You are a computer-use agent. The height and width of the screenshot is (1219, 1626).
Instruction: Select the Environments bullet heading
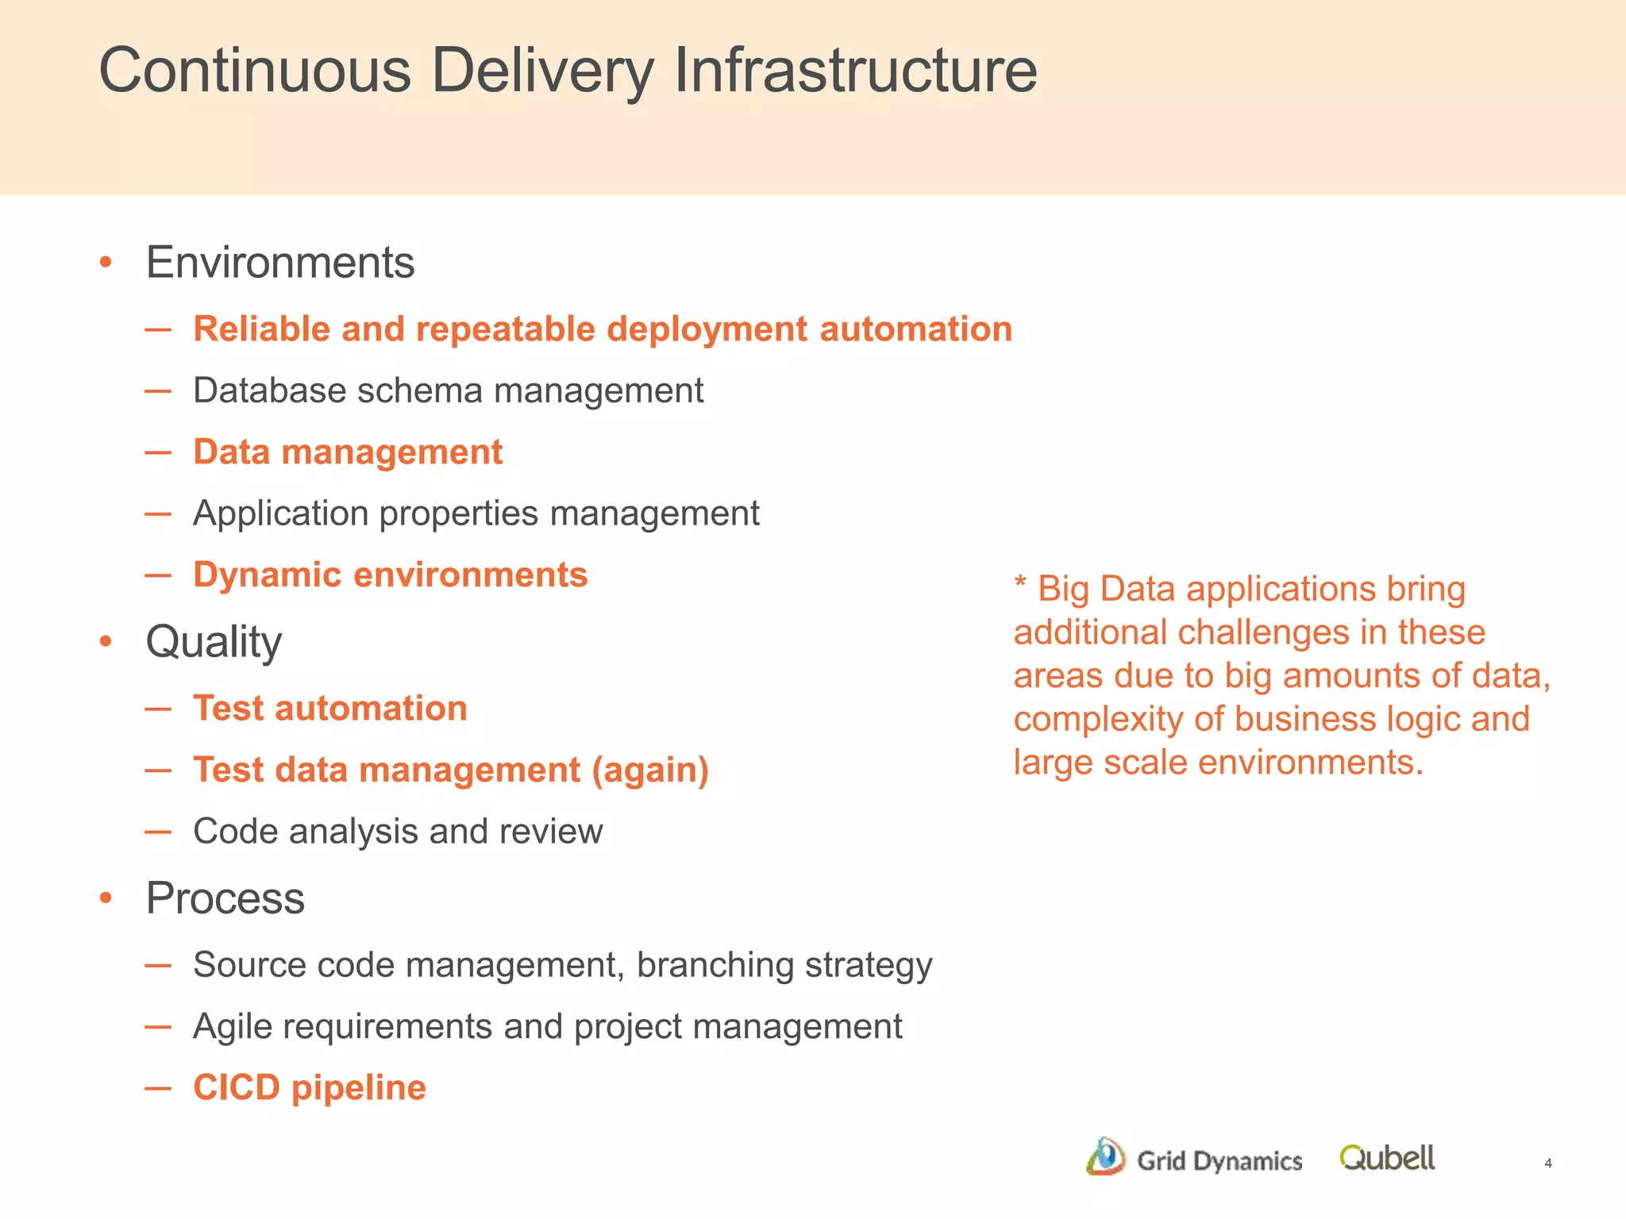click(x=279, y=262)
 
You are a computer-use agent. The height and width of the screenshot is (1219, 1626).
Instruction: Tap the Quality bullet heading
click(x=214, y=641)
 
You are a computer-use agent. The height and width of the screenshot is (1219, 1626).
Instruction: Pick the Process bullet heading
click(x=225, y=898)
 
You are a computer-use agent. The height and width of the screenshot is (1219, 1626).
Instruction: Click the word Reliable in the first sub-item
click(x=261, y=329)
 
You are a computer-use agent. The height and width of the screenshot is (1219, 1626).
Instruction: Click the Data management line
click(x=348, y=452)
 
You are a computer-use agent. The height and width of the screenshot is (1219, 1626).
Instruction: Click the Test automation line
click(x=330, y=708)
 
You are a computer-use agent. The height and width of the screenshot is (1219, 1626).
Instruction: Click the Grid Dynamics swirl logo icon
click(x=1106, y=1157)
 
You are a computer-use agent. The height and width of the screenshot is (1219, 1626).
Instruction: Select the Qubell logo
click(x=1386, y=1158)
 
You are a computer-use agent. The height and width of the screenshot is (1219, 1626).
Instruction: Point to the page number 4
click(x=1547, y=1163)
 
